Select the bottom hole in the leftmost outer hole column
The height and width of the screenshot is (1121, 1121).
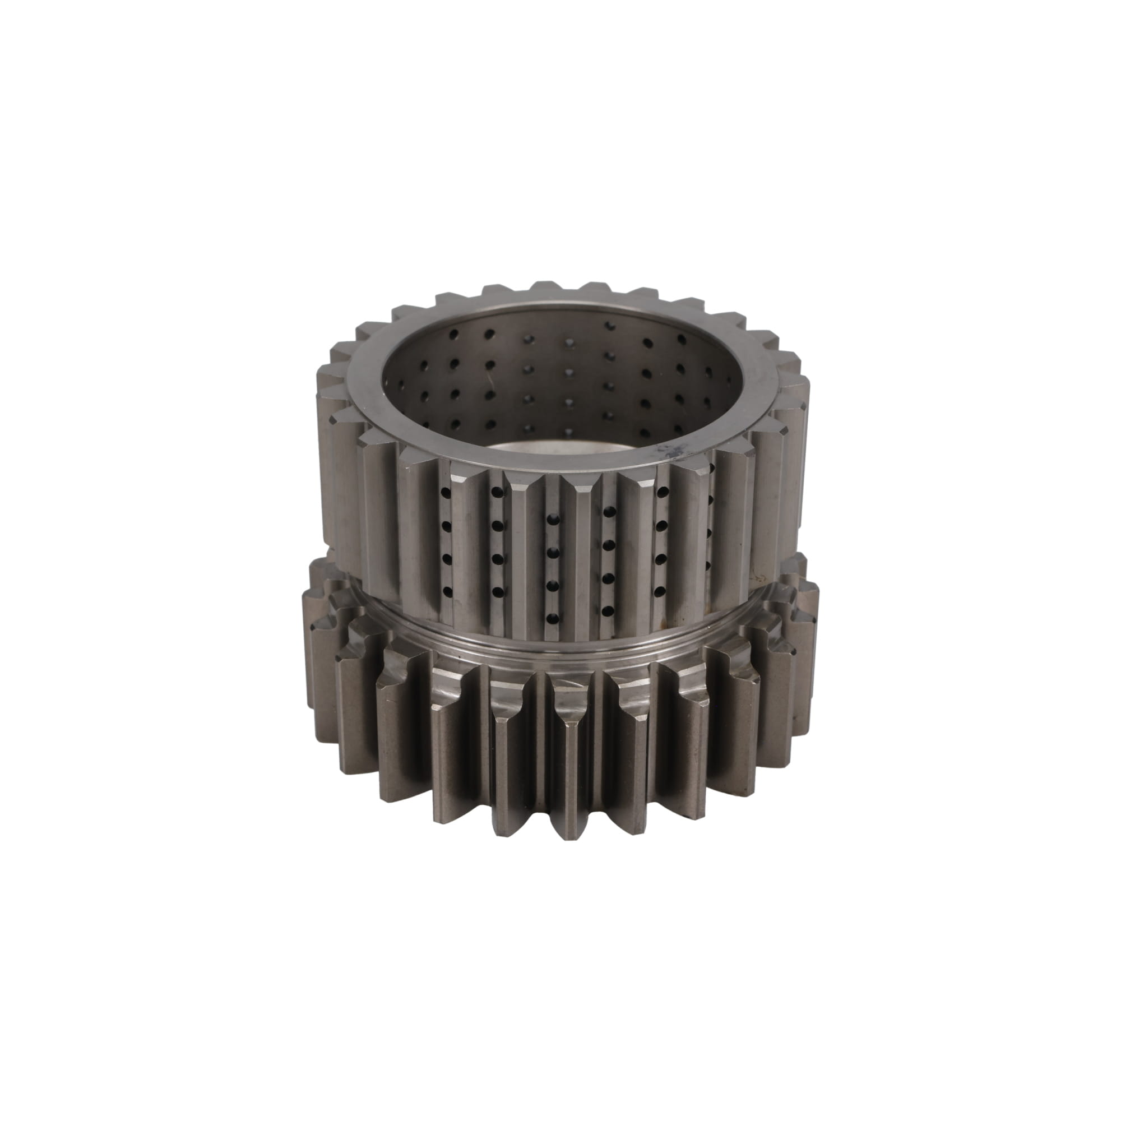click(446, 591)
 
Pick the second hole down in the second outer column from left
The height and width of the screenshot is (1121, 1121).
click(497, 526)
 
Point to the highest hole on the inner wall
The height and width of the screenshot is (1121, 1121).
click(609, 327)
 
